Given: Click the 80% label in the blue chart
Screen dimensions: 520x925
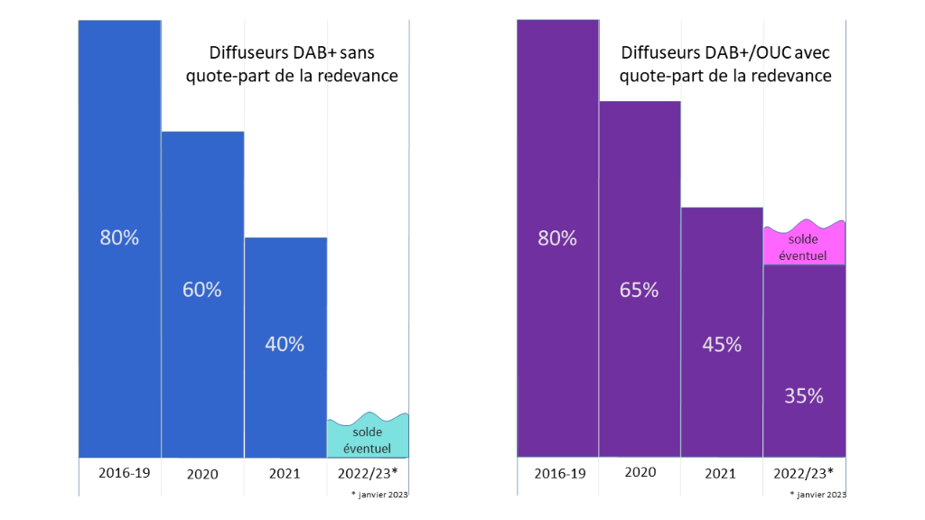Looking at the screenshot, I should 119,238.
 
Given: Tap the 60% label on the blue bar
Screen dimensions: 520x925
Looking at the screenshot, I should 202,290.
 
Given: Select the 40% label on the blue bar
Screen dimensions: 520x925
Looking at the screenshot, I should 285,344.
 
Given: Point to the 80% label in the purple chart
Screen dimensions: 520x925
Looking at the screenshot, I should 557,238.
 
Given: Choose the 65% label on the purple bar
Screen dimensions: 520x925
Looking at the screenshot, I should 639,291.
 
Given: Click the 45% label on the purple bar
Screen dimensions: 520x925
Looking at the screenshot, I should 722,344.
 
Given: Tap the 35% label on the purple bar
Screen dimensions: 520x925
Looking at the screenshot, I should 804,395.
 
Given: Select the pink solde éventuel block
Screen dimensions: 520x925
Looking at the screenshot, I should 804,246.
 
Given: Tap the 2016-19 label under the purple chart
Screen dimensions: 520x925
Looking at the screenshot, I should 560,473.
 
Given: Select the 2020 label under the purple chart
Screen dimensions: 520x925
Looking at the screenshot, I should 640,473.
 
